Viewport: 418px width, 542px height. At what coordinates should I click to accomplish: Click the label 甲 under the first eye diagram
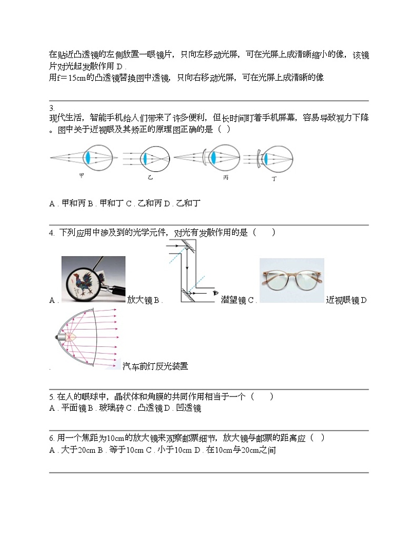(x=82, y=176)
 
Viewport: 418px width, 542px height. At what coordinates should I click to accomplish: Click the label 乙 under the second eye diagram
(x=150, y=179)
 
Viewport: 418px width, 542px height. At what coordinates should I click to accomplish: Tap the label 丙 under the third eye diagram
(x=225, y=178)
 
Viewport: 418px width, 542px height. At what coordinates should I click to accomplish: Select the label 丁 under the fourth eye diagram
(x=274, y=179)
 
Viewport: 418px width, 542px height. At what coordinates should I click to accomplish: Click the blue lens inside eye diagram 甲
(x=88, y=158)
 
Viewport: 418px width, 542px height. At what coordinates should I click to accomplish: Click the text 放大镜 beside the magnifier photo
(x=140, y=300)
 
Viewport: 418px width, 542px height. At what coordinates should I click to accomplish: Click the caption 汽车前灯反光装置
(x=155, y=366)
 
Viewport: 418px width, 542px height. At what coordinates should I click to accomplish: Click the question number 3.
(x=51, y=109)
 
